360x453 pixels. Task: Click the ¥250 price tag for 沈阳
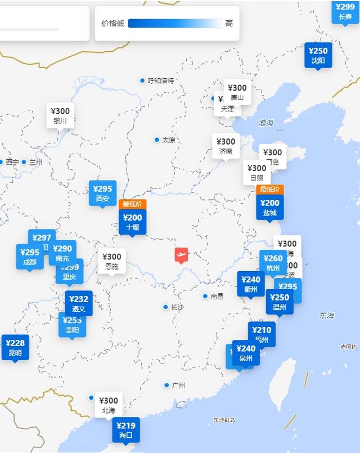coord(318,55)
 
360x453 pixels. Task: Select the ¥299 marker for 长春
coord(345,11)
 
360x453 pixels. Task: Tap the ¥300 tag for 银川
coord(60,116)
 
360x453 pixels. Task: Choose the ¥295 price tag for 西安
coord(102,194)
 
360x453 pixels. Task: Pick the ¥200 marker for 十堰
coord(133,222)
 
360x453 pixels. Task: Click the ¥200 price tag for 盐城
coord(270,208)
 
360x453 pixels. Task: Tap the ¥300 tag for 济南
coord(226,146)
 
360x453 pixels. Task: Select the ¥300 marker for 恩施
coord(112,261)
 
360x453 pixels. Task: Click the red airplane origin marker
coord(181,255)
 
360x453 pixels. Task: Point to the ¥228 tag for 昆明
coord(15,348)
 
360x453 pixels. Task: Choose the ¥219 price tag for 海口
coord(126,430)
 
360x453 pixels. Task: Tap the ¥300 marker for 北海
coord(109,405)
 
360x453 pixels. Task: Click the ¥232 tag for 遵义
coord(79,304)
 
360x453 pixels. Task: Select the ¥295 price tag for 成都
coord(30,257)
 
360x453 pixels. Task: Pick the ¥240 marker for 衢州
coord(251,284)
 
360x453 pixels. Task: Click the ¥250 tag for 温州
coord(280,302)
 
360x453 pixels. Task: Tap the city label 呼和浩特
coord(161,80)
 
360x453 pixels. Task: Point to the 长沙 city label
coord(177,307)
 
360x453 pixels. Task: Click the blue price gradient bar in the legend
coord(175,23)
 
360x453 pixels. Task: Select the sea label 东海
coord(326,316)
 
